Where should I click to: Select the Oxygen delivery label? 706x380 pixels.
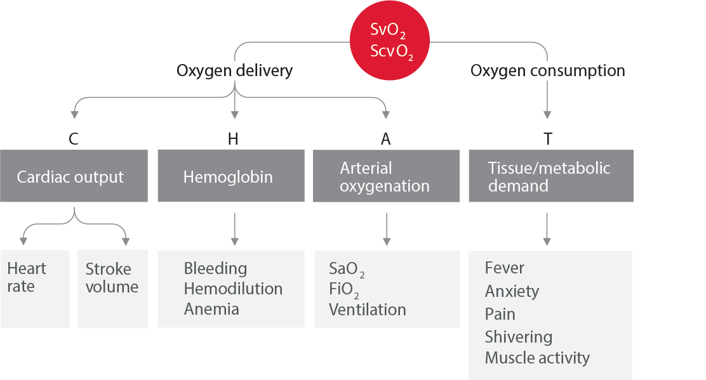(x=234, y=70)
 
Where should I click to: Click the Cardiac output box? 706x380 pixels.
(x=74, y=176)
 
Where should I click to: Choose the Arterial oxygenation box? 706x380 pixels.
(x=386, y=176)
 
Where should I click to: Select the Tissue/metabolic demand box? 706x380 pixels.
(x=550, y=176)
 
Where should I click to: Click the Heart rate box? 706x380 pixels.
(x=35, y=289)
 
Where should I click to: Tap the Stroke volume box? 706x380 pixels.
(x=112, y=289)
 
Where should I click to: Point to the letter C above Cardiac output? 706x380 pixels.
(x=74, y=140)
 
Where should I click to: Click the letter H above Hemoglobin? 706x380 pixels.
(x=232, y=140)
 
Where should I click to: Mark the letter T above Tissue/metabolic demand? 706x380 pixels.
(x=547, y=140)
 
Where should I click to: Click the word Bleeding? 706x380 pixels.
(x=215, y=268)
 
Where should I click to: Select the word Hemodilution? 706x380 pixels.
(x=233, y=289)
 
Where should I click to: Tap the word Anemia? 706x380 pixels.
(x=211, y=309)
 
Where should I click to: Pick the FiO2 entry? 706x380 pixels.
(x=344, y=289)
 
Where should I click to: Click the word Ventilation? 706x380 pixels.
(x=367, y=310)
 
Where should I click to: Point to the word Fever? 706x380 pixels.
(x=505, y=268)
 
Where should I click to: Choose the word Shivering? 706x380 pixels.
(x=518, y=336)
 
